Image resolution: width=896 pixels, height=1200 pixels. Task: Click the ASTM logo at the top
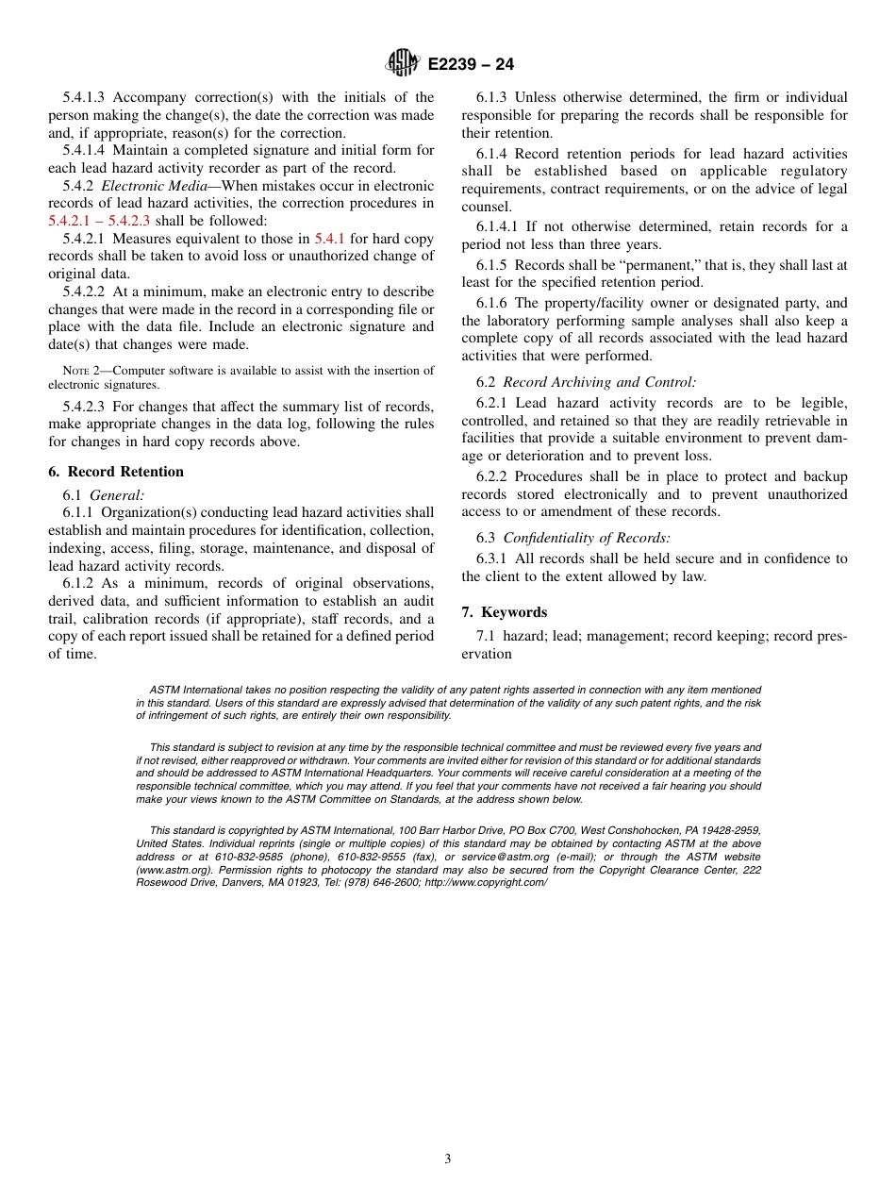[404, 63]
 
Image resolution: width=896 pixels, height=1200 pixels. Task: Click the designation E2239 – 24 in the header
[471, 64]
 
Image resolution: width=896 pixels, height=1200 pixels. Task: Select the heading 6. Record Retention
[116, 472]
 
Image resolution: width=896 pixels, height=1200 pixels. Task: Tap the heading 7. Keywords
[504, 612]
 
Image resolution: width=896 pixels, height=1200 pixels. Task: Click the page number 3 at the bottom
[448, 1159]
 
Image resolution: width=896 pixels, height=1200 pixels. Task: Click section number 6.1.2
[78, 583]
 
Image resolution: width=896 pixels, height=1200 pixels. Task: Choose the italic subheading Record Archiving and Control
[599, 382]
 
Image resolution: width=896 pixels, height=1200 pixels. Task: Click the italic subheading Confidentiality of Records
[587, 538]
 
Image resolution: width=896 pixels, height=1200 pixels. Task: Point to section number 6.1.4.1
[499, 226]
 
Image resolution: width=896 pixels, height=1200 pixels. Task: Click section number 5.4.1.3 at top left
[84, 97]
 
